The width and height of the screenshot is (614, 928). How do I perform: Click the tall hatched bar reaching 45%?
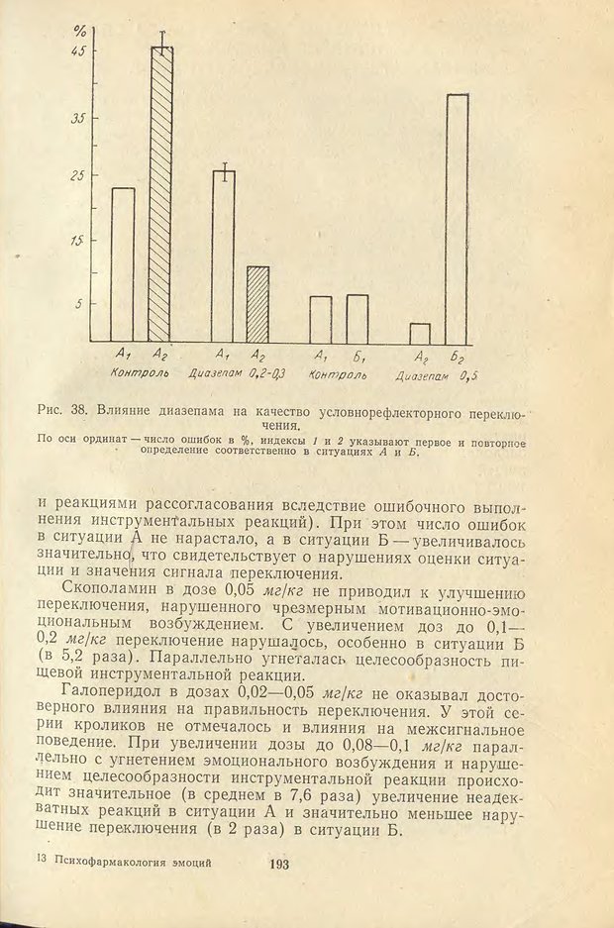click(161, 193)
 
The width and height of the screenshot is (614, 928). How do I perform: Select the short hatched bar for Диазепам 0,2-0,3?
click(257, 304)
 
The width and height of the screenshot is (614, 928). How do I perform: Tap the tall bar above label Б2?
click(457, 217)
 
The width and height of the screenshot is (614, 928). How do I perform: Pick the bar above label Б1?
click(358, 318)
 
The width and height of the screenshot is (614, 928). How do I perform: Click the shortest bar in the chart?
click(420, 332)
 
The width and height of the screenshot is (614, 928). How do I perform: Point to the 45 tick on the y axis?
click(77, 52)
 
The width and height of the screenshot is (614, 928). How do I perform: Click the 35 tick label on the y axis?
click(77, 117)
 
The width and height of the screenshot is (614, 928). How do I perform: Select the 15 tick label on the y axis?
click(77, 241)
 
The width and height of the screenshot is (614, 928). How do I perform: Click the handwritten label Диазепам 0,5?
click(437, 376)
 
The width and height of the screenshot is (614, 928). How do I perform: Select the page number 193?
click(277, 865)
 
